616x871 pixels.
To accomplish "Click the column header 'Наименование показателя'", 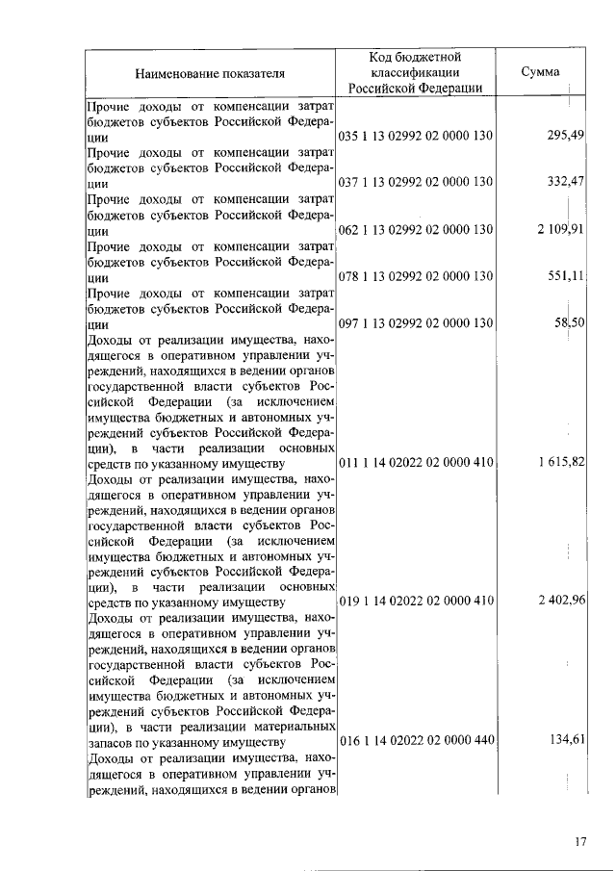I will coord(210,72).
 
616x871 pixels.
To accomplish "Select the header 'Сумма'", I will coord(540,72).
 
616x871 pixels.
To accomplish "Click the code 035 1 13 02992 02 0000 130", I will coord(416,136).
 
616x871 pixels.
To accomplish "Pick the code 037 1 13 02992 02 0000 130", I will coord(416,182).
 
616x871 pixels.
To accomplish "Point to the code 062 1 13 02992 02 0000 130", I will coord(416,229).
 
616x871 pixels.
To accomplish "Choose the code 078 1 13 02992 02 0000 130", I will coord(416,276).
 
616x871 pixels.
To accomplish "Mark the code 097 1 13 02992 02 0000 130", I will coord(416,322).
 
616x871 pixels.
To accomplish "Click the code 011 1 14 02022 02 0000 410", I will coord(416,463).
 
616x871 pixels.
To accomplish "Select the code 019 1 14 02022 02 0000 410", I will coord(416,602).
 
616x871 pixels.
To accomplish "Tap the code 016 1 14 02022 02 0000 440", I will coord(416,741).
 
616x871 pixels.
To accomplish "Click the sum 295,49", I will coord(566,136).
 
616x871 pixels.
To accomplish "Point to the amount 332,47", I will coord(566,182).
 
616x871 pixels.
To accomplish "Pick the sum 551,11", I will coord(566,276).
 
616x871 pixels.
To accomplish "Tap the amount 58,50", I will coord(570,322).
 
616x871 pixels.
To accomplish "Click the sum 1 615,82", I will coord(558,463).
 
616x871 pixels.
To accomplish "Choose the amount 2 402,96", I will coord(558,602).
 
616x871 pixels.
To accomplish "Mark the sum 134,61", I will coord(566,741).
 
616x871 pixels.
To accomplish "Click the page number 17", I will coord(580,842).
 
